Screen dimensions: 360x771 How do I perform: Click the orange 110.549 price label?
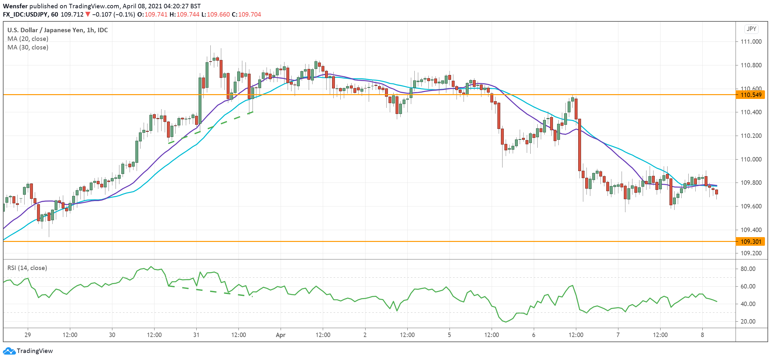click(750, 95)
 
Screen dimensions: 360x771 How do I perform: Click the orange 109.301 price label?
click(750, 242)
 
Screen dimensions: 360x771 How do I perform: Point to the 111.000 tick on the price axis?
click(750, 42)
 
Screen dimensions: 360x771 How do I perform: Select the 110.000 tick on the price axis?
click(750, 159)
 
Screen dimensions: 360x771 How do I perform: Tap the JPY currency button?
click(752, 29)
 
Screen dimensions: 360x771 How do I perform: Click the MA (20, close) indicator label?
click(28, 39)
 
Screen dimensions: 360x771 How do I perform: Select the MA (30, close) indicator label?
click(28, 47)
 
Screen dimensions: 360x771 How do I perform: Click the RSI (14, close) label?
click(27, 268)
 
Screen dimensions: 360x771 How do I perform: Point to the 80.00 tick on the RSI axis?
click(748, 269)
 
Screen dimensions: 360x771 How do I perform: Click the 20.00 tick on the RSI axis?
click(748, 321)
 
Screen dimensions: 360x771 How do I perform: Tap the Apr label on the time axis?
click(281, 335)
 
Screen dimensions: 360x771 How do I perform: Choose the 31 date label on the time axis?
click(196, 335)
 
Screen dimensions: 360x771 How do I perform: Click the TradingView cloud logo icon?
click(9, 351)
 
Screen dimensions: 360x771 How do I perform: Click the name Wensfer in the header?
click(15, 6)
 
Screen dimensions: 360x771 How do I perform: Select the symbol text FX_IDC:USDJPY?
click(26, 14)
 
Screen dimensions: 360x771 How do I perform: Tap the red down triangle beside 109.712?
click(88, 14)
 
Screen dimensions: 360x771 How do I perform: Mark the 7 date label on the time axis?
click(618, 335)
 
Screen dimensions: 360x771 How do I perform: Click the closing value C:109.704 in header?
click(246, 14)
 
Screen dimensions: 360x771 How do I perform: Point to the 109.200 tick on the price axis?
click(750, 253)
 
